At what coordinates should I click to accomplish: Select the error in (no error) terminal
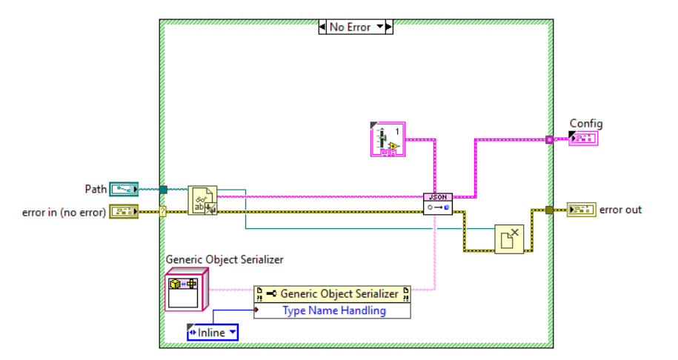click(124, 212)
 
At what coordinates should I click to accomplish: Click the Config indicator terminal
click(583, 138)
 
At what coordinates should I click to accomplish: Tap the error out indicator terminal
click(581, 210)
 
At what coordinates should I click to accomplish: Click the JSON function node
click(437, 204)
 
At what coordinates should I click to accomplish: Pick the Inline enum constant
click(213, 333)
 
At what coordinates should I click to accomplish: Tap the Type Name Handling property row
click(333, 310)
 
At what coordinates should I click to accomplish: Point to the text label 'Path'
click(96, 189)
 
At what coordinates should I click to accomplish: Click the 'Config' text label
click(585, 123)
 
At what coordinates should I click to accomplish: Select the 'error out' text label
click(620, 210)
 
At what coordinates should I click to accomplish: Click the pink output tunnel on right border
click(549, 139)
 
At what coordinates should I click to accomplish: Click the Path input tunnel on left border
click(163, 190)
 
